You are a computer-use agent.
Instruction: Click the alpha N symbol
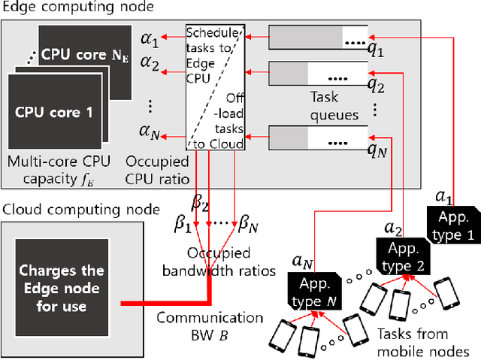(150, 136)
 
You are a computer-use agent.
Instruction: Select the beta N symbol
(249, 224)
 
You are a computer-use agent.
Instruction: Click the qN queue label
(376, 149)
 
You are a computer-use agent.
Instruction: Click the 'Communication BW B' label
(210, 325)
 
